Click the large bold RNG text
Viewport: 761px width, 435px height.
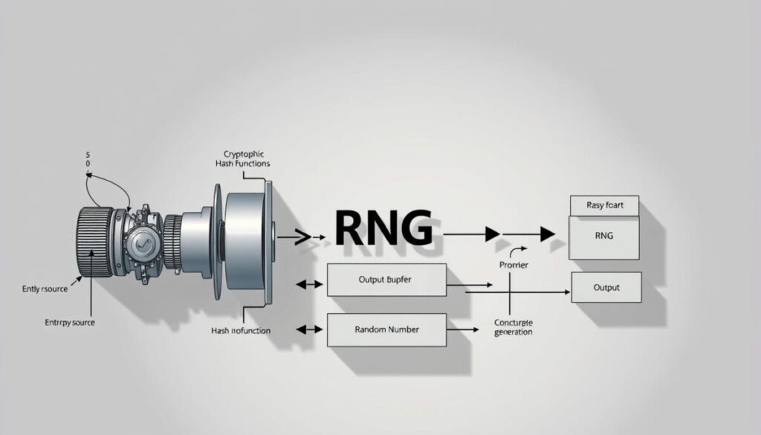click(x=383, y=228)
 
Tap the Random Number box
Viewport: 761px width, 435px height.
click(x=386, y=329)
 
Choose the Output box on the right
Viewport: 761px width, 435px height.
click(x=606, y=287)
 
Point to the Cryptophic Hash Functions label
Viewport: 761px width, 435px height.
click(x=242, y=158)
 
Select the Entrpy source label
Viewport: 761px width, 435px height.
click(x=65, y=323)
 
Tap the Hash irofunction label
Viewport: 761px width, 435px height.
click(x=241, y=329)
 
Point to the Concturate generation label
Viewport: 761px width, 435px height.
click(x=514, y=327)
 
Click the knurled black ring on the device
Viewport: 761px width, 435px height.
click(x=94, y=242)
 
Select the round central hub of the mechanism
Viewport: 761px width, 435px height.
click(x=141, y=243)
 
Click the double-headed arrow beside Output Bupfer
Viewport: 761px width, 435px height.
click(x=309, y=283)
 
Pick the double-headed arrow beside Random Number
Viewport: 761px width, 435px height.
click(x=309, y=329)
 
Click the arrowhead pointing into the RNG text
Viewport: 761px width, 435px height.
click(x=320, y=237)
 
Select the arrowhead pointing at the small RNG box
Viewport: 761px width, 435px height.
click(x=548, y=235)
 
